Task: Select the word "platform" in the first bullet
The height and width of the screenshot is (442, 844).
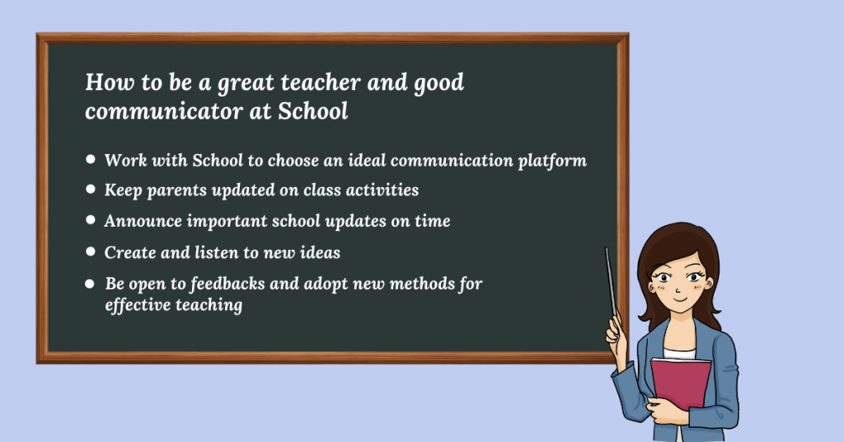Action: pyautogui.click(x=552, y=161)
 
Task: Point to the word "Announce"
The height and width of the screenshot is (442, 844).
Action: pyautogui.click(x=143, y=221)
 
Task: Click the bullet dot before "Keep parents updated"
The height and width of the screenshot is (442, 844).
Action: pyautogui.click(x=91, y=189)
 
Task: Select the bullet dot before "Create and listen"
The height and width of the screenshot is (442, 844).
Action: pyautogui.click(x=91, y=252)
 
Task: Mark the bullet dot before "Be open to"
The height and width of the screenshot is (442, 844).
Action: pyautogui.click(x=90, y=284)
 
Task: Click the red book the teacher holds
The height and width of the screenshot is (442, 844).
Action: pyautogui.click(x=681, y=383)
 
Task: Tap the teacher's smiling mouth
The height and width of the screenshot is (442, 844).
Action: pyautogui.click(x=681, y=299)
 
